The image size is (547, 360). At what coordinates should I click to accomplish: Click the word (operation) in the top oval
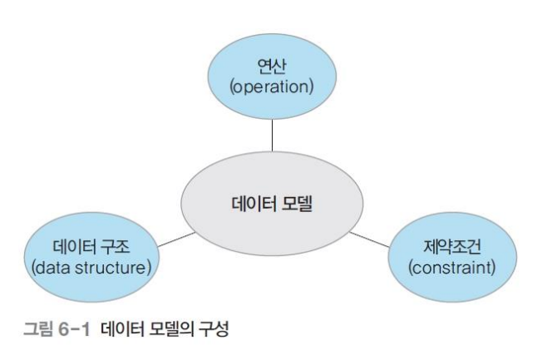pyautogui.click(x=273, y=86)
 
